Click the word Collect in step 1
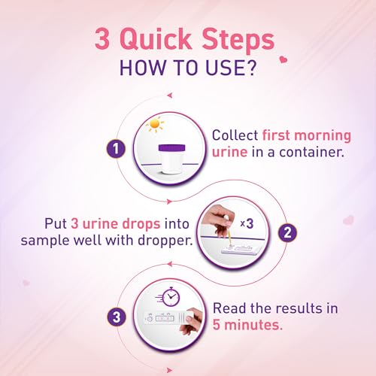coord(235,136)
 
